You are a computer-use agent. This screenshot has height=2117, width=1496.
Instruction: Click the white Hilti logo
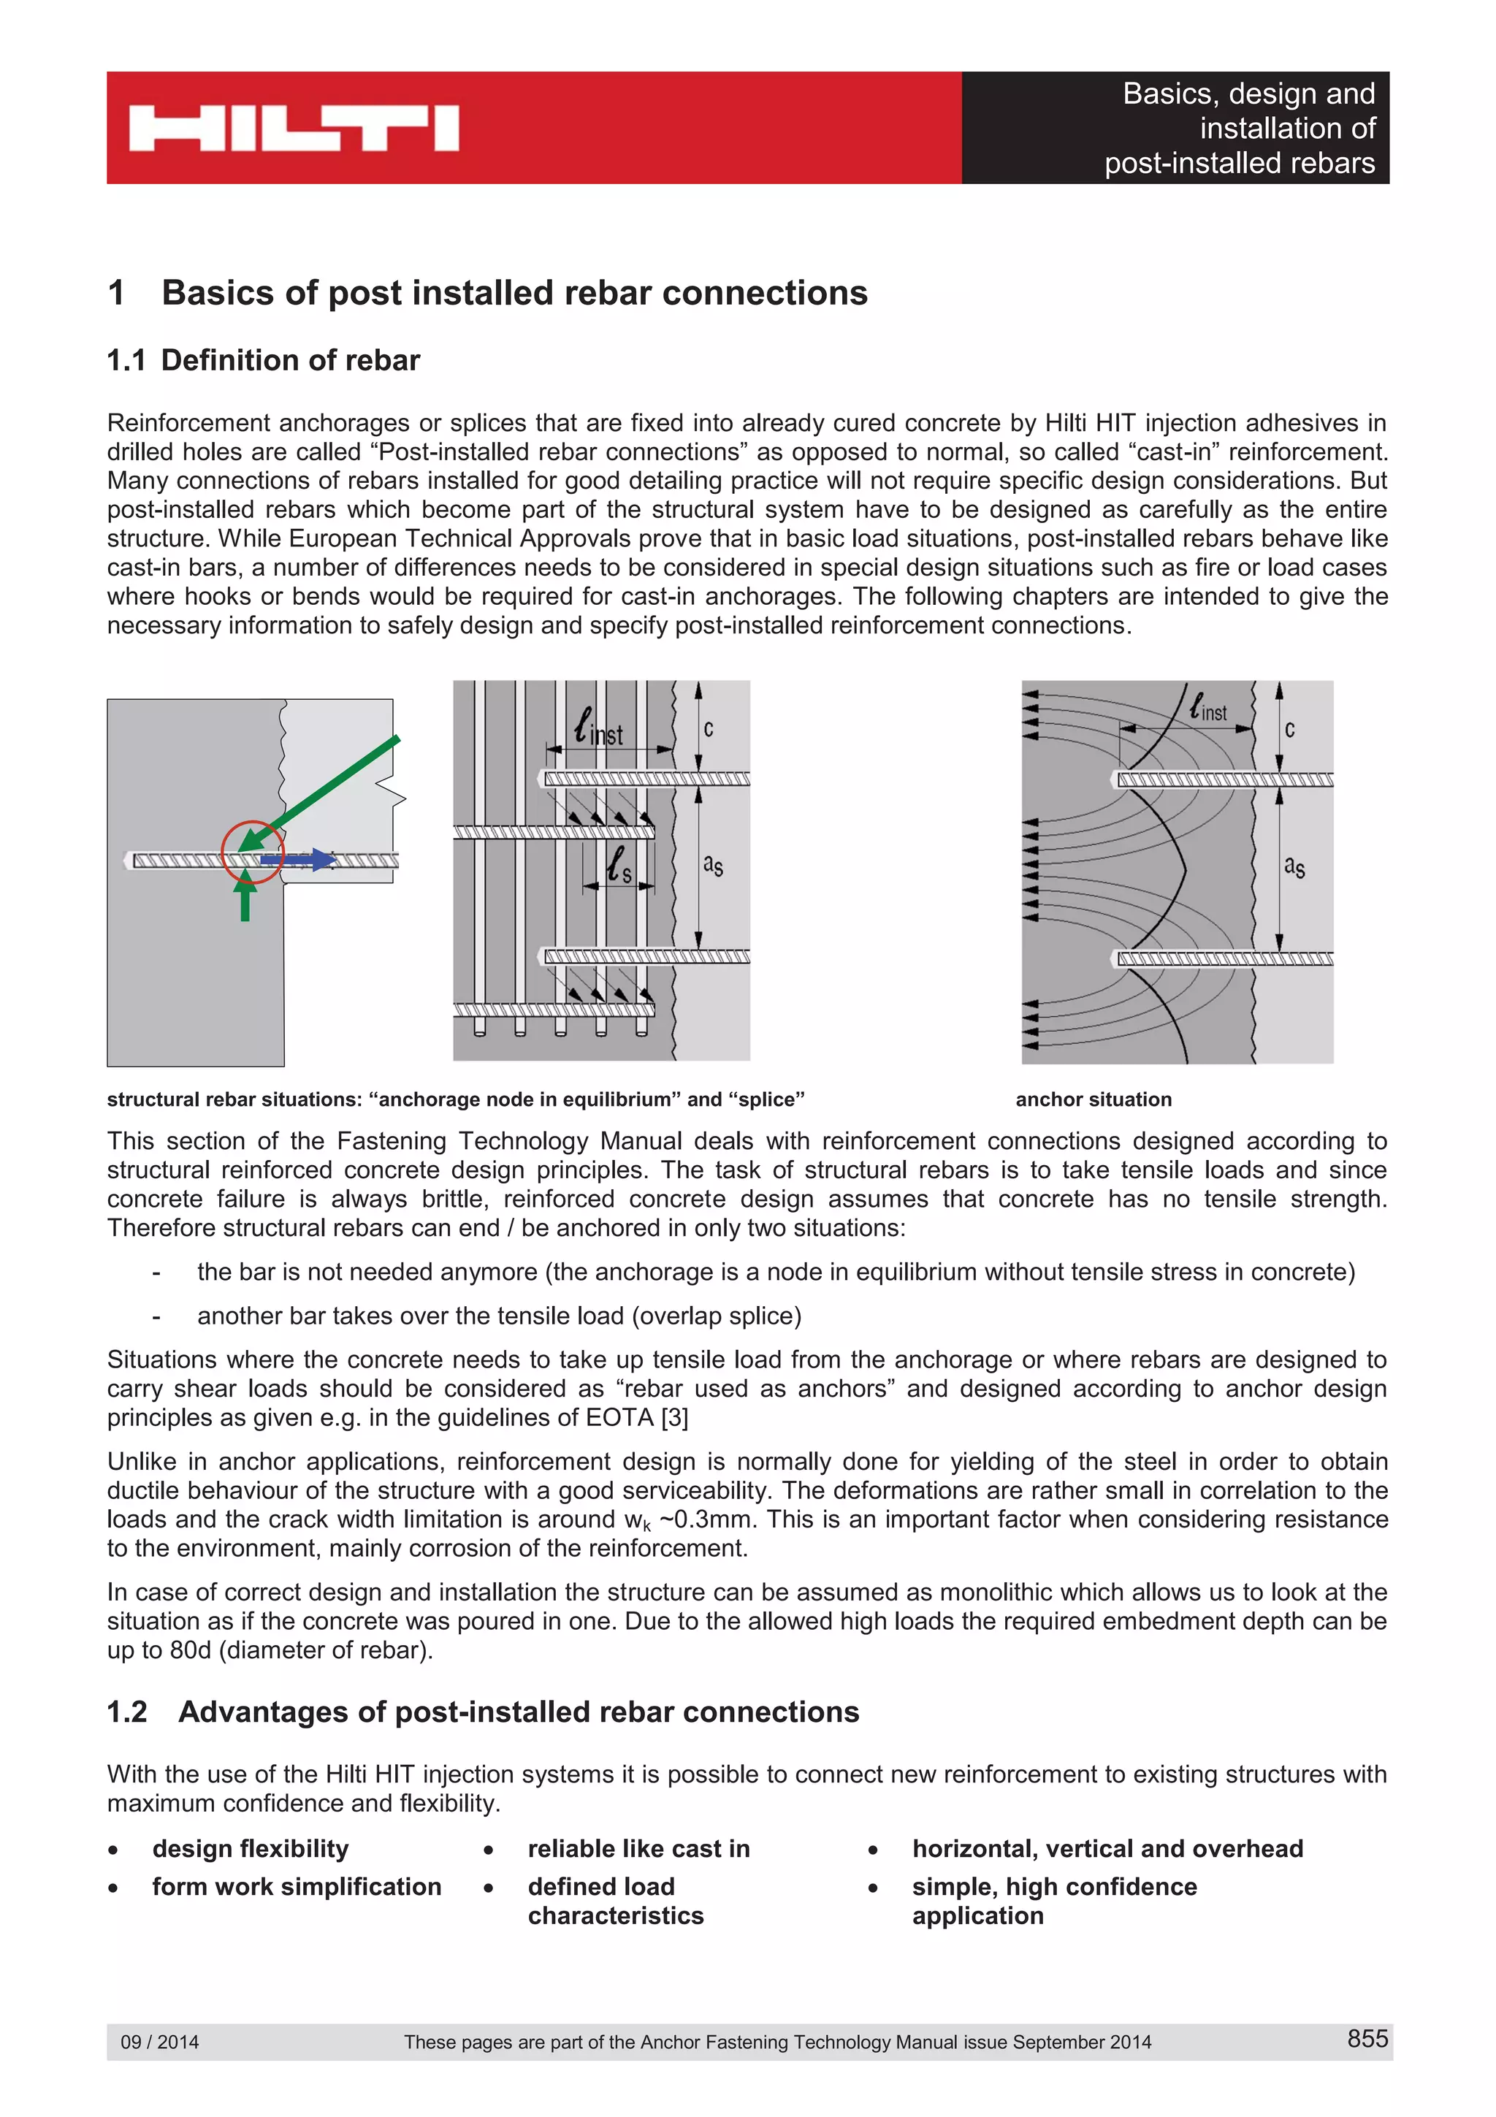click(x=293, y=128)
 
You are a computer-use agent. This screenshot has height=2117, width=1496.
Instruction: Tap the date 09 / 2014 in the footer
click(x=159, y=2041)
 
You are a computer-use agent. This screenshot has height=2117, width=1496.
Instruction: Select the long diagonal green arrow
click(x=323, y=790)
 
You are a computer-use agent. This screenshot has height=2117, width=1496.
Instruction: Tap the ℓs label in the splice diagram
click(x=619, y=865)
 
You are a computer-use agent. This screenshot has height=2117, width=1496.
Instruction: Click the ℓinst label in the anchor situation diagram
click(x=1207, y=707)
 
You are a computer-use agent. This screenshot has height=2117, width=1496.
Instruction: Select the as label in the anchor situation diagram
click(x=1294, y=866)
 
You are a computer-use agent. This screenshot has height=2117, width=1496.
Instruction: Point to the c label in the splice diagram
click(x=708, y=728)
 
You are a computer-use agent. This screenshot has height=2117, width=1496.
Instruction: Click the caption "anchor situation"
click(x=1094, y=1099)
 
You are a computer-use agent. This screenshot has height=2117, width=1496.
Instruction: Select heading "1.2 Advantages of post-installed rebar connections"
click(x=483, y=1712)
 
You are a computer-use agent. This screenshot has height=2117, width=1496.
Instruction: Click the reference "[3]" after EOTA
click(x=675, y=1417)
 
